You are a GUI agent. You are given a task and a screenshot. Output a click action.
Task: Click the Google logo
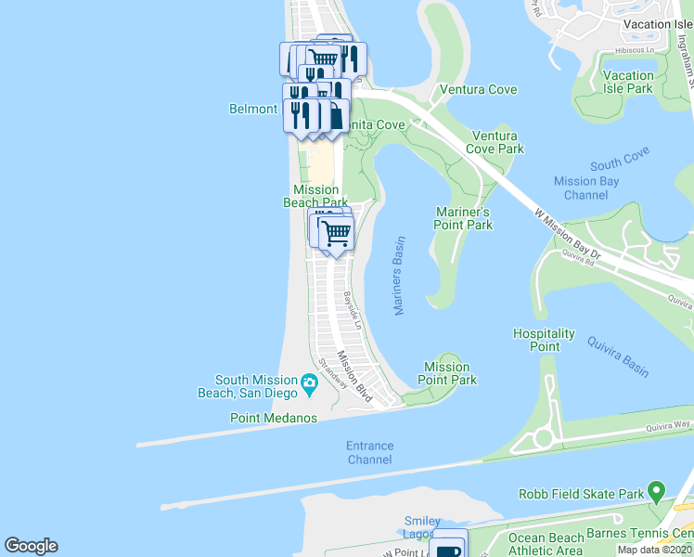(31, 546)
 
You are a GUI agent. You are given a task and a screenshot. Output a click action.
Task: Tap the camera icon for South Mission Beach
(309, 382)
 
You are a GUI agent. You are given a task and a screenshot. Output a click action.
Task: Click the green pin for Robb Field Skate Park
(657, 488)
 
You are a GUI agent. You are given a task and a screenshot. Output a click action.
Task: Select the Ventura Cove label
(478, 90)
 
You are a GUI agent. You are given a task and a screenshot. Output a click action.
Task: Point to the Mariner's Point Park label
(463, 218)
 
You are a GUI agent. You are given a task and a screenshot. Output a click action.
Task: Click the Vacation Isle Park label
(640, 82)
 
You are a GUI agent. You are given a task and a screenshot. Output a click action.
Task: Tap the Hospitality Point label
(545, 340)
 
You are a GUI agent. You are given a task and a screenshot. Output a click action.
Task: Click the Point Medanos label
(274, 418)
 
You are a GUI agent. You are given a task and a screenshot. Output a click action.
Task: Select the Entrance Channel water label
(369, 452)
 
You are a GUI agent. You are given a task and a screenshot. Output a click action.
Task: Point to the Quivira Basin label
(617, 356)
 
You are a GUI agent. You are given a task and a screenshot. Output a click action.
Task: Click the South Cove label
(619, 158)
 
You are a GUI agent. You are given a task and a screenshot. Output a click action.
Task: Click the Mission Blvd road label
(354, 377)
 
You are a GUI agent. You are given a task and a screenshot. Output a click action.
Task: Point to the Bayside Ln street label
(352, 309)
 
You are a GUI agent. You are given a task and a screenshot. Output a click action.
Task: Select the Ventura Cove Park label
(495, 142)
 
